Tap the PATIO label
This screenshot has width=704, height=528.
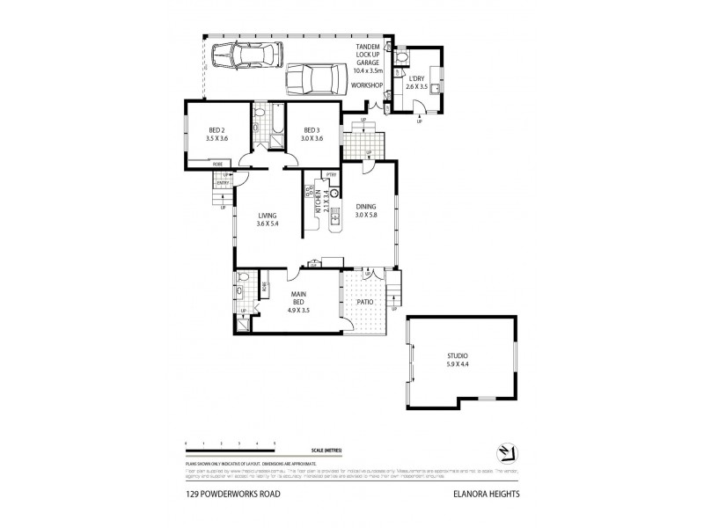(365, 302)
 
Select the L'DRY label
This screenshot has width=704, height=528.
(415, 82)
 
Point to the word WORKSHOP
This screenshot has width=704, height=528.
(366, 85)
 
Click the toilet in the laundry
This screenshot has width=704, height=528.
(401, 57)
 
